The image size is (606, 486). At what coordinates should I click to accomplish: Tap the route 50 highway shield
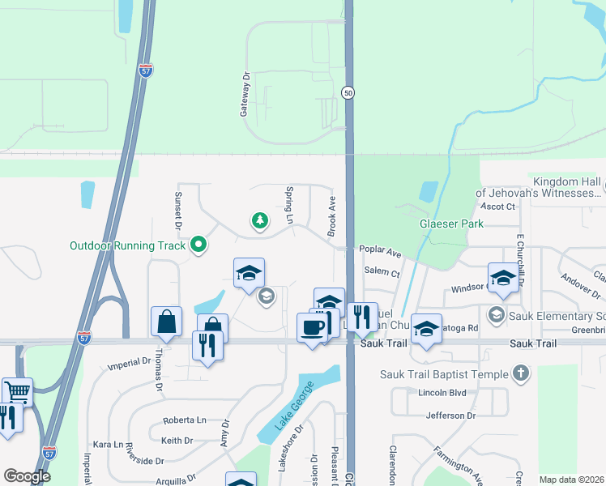coord(348,93)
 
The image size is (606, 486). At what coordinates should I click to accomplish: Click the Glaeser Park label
coord(450,224)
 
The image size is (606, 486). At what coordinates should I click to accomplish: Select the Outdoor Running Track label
coord(128,245)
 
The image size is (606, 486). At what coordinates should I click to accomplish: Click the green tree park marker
coord(259,221)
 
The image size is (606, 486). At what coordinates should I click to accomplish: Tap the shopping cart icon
coord(17,391)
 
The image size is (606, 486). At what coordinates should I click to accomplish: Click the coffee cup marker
coord(313,327)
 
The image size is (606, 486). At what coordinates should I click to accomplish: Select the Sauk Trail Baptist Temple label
coord(444,374)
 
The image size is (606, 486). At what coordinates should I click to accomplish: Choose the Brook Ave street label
coord(331,215)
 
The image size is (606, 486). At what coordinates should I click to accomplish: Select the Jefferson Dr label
coord(450,416)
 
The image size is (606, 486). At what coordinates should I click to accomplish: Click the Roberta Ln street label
coord(185,420)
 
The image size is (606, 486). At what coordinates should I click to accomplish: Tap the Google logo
coord(28,476)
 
